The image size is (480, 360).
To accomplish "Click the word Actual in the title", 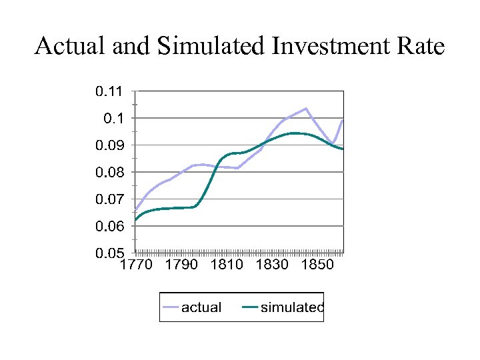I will (66, 47).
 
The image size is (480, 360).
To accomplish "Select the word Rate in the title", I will (420, 47).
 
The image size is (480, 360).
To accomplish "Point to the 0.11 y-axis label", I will (110, 91).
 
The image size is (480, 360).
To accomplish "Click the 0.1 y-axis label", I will (114, 118).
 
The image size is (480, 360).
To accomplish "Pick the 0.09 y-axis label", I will (110, 145).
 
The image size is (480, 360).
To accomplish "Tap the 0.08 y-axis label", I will (110, 172).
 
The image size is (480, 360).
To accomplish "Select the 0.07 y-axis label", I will (110, 199).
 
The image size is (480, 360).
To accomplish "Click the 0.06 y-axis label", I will (110, 227).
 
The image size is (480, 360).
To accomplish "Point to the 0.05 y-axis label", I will (110, 254).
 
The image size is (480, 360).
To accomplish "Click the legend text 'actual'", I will (201, 307).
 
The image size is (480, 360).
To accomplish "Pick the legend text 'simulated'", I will (292, 307).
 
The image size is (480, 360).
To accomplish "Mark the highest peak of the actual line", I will (305, 108).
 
